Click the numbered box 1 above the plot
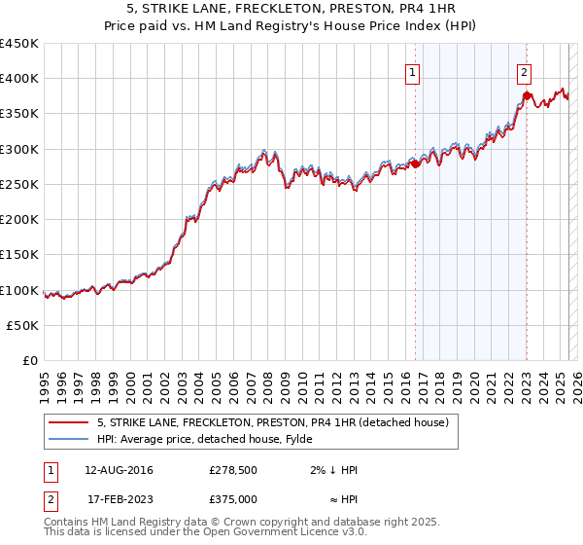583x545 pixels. click(x=413, y=72)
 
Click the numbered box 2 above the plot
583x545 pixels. click(x=524, y=72)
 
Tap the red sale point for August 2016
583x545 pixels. click(x=415, y=163)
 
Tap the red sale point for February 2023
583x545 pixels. click(x=527, y=95)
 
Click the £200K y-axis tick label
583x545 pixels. click(x=19, y=220)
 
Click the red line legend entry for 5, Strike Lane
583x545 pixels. click(x=272, y=422)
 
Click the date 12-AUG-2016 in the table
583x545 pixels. click(x=119, y=470)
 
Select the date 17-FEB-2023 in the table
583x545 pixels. click(x=119, y=499)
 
